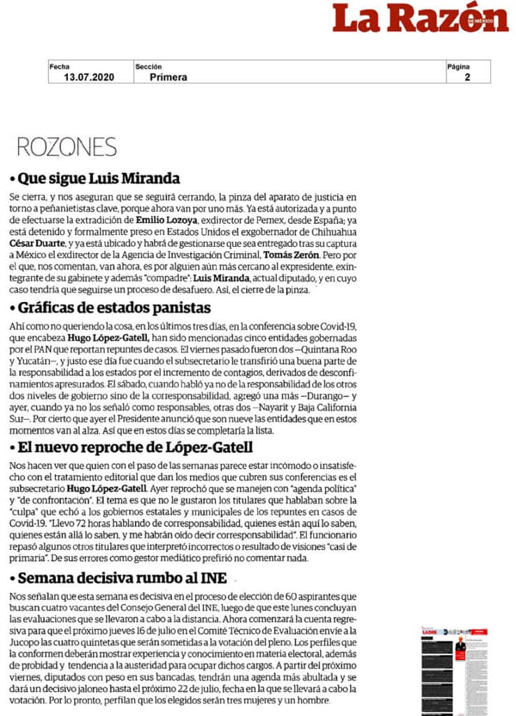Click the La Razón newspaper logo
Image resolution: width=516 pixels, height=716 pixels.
(x=420, y=19)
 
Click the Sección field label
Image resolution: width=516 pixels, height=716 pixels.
(x=149, y=66)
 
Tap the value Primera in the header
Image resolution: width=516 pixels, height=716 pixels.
(x=168, y=77)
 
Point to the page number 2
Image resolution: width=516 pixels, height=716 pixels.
(x=467, y=77)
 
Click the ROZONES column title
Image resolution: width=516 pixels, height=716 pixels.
(x=66, y=147)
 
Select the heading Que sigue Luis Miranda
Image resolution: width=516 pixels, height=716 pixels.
(x=99, y=177)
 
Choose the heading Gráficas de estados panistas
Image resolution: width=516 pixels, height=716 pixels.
(x=114, y=308)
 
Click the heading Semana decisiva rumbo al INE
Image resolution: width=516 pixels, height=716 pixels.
(x=124, y=578)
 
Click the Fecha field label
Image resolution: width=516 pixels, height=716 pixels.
(x=59, y=66)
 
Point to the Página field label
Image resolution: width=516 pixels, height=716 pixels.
(x=459, y=66)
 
